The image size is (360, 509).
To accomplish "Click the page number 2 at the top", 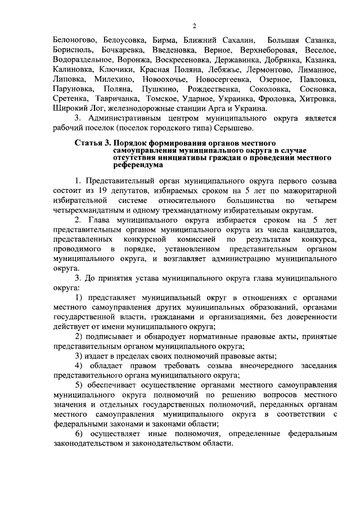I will point(194,26).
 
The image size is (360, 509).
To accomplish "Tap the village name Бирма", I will point(164,40).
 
